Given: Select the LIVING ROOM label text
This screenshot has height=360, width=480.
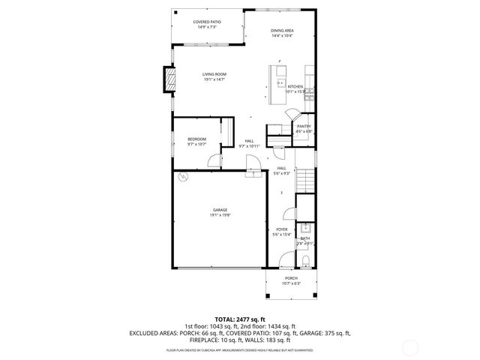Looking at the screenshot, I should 214,76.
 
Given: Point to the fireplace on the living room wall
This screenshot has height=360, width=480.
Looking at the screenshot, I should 170,79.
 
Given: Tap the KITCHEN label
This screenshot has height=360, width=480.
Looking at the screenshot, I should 295,89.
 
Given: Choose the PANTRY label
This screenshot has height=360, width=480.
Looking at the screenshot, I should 303,128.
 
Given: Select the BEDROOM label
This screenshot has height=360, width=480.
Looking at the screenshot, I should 196,141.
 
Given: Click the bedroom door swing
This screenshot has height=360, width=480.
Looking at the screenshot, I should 215,160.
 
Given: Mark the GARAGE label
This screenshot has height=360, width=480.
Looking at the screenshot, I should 220,212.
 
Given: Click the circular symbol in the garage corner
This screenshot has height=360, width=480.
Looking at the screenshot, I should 182,178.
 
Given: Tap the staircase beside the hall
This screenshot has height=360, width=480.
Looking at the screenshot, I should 304,180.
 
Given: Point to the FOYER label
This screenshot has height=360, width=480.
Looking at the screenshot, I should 281,232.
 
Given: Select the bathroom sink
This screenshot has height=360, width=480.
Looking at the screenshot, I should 305,228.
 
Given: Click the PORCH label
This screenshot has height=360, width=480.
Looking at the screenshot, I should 290,280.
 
